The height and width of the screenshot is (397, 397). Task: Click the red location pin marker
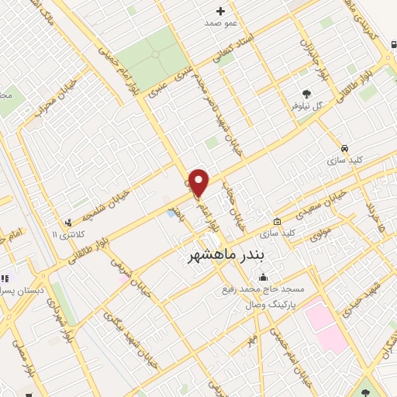click(199, 183)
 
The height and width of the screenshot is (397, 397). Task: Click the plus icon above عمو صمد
click(220, 10)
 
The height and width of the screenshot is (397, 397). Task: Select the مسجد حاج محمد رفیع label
click(261, 289)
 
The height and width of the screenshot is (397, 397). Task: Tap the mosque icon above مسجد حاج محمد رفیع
click(263, 277)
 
